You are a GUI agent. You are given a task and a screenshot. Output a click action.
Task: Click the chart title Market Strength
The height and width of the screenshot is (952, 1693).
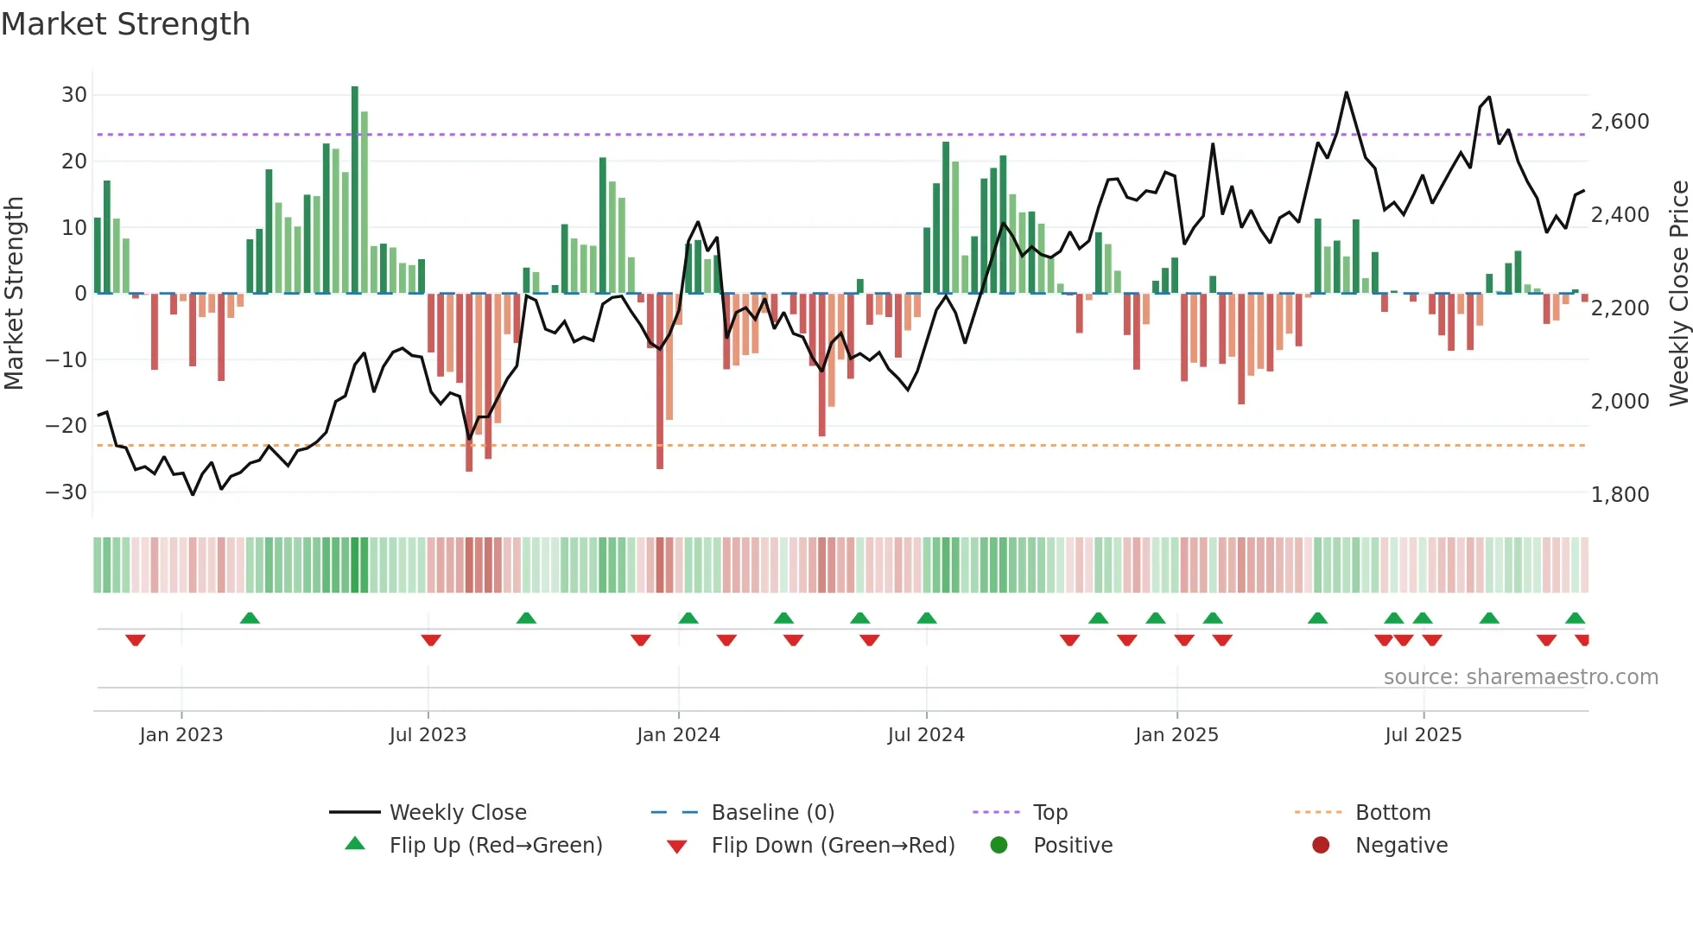[x=125, y=24]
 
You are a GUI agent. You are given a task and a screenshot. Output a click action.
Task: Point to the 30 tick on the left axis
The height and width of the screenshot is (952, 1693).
[x=74, y=95]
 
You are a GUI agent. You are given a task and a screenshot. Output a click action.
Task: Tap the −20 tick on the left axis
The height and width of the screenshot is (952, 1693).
[x=67, y=426]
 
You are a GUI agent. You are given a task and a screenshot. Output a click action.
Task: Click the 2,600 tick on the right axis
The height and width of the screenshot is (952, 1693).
[x=1620, y=122]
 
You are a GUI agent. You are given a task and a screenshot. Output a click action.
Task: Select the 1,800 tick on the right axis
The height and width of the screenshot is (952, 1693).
[x=1620, y=495]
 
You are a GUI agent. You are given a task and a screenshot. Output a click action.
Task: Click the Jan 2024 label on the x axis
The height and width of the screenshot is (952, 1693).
[x=678, y=735]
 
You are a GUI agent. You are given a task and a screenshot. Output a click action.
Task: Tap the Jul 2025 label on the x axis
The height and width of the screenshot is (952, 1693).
[x=1423, y=735]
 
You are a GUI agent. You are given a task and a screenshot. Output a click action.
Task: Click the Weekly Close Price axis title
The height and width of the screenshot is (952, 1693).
[x=1678, y=294]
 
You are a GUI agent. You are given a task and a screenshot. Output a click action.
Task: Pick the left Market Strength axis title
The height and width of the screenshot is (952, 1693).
[x=14, y=294]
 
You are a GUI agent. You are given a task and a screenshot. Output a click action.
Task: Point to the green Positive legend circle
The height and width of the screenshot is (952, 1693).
[x=999, y=846]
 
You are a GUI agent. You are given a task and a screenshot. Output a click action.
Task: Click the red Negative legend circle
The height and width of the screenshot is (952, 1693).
[x=1321, y=846]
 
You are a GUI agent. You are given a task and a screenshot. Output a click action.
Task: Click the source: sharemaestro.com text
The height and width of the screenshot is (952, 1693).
[x=1520, y=677]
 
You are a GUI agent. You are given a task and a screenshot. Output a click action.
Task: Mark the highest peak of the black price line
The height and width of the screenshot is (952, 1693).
[x=1346, y=92]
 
